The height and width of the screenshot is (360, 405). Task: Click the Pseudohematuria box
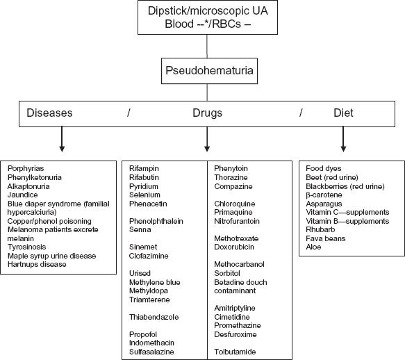(x=209, y=71)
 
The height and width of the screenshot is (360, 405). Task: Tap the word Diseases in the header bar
(x=49, y=113)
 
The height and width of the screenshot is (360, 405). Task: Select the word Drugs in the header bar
(x=207, y=113)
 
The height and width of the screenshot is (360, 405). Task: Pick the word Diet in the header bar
(x=343, y=113)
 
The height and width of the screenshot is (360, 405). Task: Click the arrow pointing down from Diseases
(x=62, y=139)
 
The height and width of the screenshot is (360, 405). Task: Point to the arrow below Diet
(x=343, y=139)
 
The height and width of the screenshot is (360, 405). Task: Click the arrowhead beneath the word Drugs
(x=207, y=149)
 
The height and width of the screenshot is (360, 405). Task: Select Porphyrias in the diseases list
(x=26, y=168)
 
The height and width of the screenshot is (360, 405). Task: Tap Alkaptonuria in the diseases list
(x=28, y=186)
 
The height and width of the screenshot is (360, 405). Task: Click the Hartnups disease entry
(x=37, y=264)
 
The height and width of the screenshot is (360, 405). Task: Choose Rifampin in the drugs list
(x=144, y=168)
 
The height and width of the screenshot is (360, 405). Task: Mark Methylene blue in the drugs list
(x=154, y=282)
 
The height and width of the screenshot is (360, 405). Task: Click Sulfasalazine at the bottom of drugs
(x=151, y=352)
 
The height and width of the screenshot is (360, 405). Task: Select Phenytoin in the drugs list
(x=231, y=168)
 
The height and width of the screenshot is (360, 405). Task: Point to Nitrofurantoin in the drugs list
(x=237, y=221)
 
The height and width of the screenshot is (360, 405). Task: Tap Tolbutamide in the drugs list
(x=235, y=352)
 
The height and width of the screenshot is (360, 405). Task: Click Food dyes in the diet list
(x=324, y=168)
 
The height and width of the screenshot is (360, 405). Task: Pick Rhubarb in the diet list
(x=320, y=229)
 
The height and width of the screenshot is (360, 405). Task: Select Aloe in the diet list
(x=313, y=247)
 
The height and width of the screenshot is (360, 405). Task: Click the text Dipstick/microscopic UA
(x=208, y=11)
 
